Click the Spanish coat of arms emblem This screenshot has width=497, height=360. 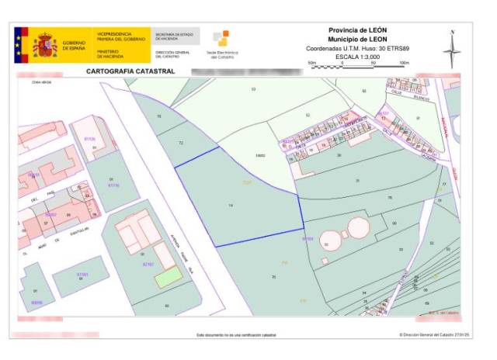[45, 44]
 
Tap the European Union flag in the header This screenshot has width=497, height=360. [20, 44]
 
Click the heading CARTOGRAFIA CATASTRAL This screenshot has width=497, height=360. [130, 71]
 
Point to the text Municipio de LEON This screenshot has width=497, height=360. [357, 39]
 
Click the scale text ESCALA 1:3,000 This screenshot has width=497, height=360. [356, 57]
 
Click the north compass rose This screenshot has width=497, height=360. [452, 48]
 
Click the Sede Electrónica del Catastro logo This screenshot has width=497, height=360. [221, 43]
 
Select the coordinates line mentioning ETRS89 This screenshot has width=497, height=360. [357, 48]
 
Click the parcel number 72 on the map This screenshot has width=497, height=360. [181, 144]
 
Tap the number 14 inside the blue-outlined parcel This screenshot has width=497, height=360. [231, 205]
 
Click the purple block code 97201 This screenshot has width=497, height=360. [83, 274]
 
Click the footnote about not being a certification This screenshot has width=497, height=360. [236, 335]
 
